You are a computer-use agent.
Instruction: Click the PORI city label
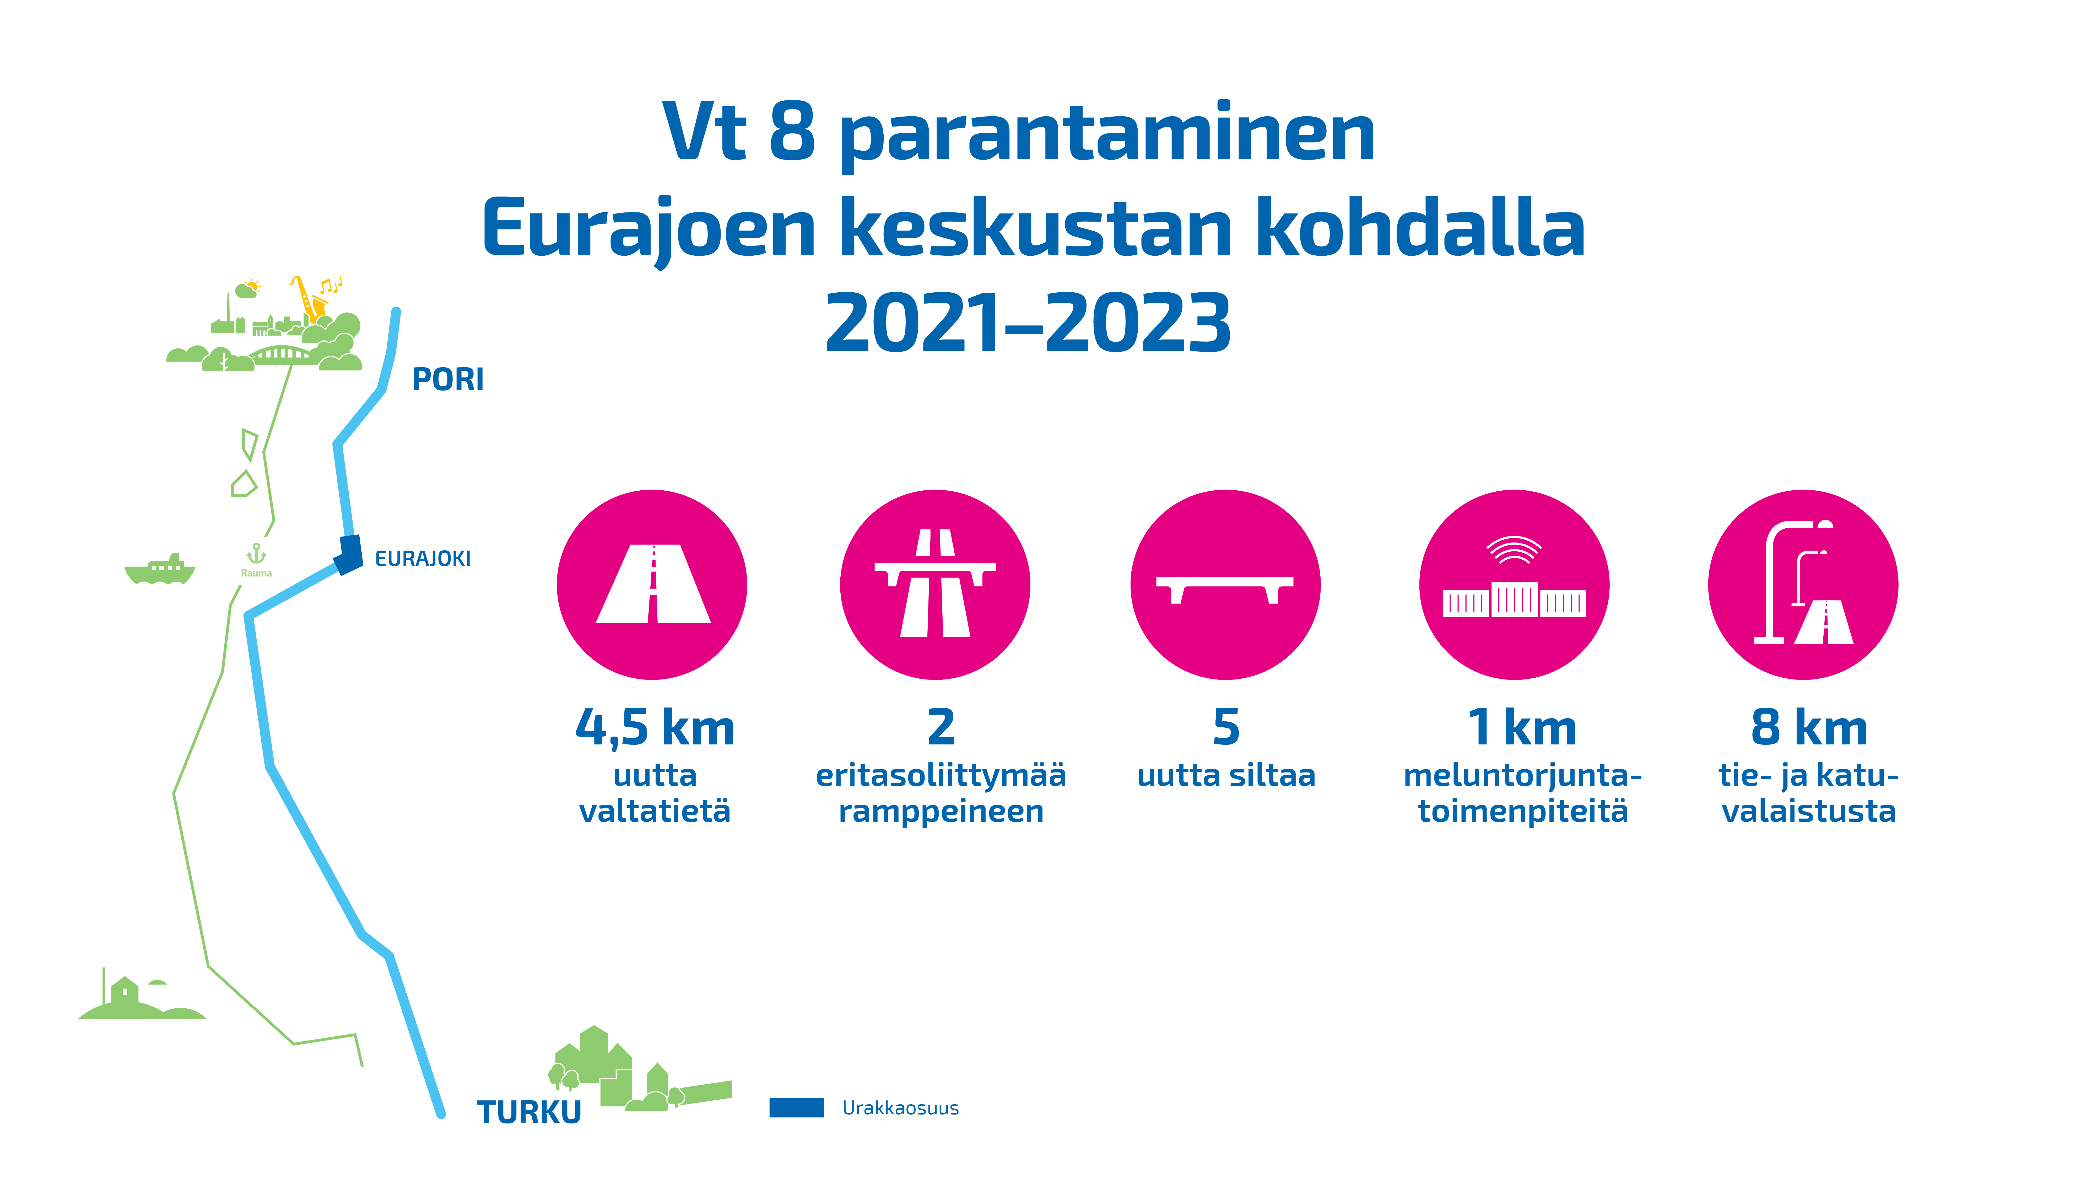click(448, 379)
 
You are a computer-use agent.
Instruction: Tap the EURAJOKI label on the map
click(423, 558)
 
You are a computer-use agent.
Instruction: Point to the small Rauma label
click(256, 573)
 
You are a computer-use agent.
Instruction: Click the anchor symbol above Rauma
click(256, 554)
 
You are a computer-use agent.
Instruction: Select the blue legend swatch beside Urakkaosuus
click(796, 1107)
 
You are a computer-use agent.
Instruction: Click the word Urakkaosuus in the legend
click(900, 1108)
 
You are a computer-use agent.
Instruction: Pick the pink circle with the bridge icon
click(1225, 584)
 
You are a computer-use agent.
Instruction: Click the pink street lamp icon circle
click(1803, 584)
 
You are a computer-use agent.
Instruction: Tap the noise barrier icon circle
click(1514, 584)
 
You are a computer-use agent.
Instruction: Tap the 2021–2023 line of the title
click(1028, 323)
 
